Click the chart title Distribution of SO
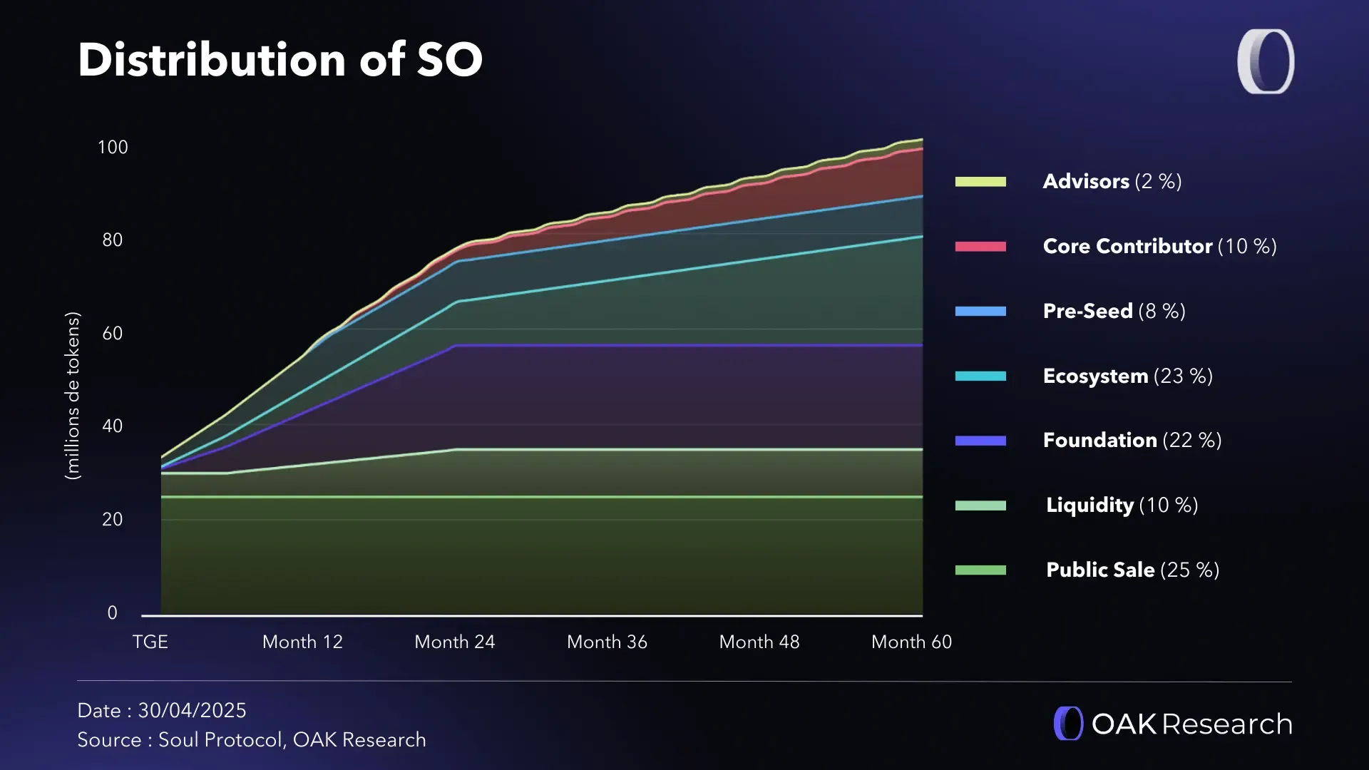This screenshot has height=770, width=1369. [280, 60]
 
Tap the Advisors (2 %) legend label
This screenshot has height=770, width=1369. [1112, 182]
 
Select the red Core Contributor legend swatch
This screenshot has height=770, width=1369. [980, 247]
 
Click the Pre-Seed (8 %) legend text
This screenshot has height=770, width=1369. [1114, 312]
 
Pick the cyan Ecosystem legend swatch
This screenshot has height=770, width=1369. [980, 376]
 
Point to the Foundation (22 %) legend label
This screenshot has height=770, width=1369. [1132, 441]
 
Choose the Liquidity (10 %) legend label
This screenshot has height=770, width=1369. [1122, 505]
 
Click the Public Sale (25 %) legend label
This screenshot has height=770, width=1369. [1132, 570]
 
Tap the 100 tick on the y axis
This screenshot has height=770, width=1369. [113, 148]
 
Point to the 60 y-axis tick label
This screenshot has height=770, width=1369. [113, 334]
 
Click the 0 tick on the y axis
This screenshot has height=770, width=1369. [113, 613]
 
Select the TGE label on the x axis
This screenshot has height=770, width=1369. [150, 642]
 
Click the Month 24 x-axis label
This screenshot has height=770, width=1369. [455, 642]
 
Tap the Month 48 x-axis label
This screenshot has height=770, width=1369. [759, 642]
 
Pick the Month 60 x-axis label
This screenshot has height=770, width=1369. [911, 642]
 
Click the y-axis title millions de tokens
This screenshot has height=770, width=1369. [73, 396]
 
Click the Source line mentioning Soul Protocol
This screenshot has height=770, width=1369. [252, 740]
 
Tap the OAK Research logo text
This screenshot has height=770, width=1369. [1191, 724]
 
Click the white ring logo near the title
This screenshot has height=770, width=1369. [1266, 61]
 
